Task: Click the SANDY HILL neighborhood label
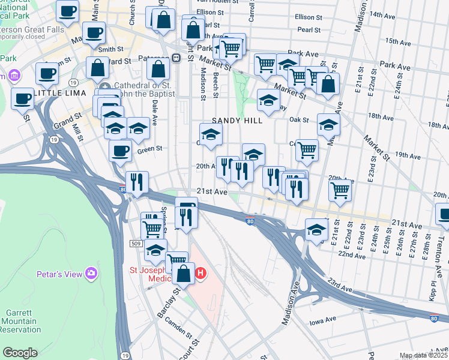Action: [x=237, y=121]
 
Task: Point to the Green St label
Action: [x=151, y=148]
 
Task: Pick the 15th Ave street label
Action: [x=397, y=41]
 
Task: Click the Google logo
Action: [x=20, y=352]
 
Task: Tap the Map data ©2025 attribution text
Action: [x=423, y=356]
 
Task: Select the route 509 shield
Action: [x=136, y=243]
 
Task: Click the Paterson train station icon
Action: [x=176, y=58]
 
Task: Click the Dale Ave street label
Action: [x=155, y=113]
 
